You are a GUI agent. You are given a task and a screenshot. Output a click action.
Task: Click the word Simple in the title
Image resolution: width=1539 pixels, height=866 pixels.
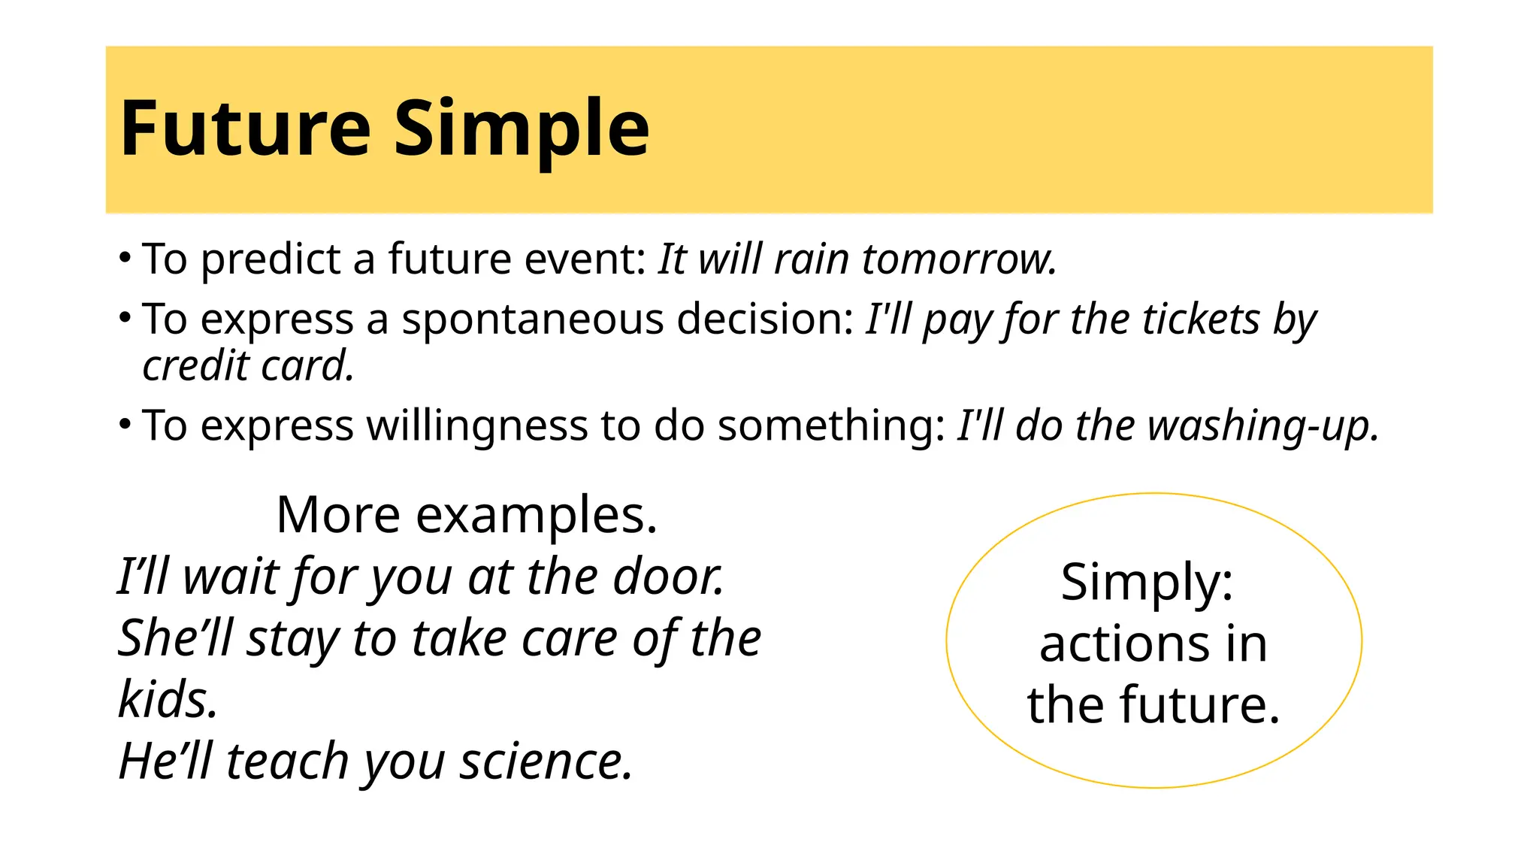coord(522,129)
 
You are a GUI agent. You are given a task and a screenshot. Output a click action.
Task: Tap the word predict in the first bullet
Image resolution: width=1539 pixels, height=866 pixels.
coord(271,259)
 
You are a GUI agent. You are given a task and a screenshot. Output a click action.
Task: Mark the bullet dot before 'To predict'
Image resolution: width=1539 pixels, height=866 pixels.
coord(125,258)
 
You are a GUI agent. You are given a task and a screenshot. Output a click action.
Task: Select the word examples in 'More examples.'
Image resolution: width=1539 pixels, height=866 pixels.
coord(537,516)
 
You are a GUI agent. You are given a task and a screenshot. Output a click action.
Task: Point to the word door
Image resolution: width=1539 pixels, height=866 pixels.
coord(668,577)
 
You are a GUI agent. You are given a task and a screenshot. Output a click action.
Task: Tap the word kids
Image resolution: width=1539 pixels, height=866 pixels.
coord(168,699)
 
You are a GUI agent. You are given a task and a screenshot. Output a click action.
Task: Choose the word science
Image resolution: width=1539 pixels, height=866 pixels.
coord(546,761)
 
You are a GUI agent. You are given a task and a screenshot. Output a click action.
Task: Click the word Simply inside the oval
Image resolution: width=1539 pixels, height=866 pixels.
coord(1147,582)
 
